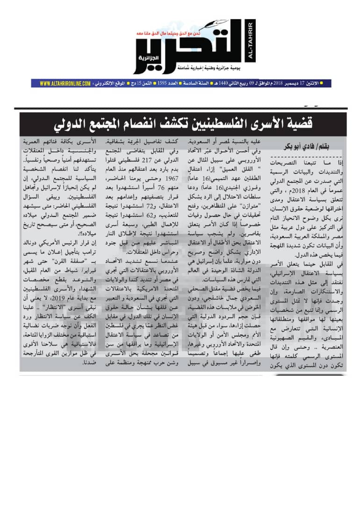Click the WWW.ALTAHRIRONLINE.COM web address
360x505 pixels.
[65, 83]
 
